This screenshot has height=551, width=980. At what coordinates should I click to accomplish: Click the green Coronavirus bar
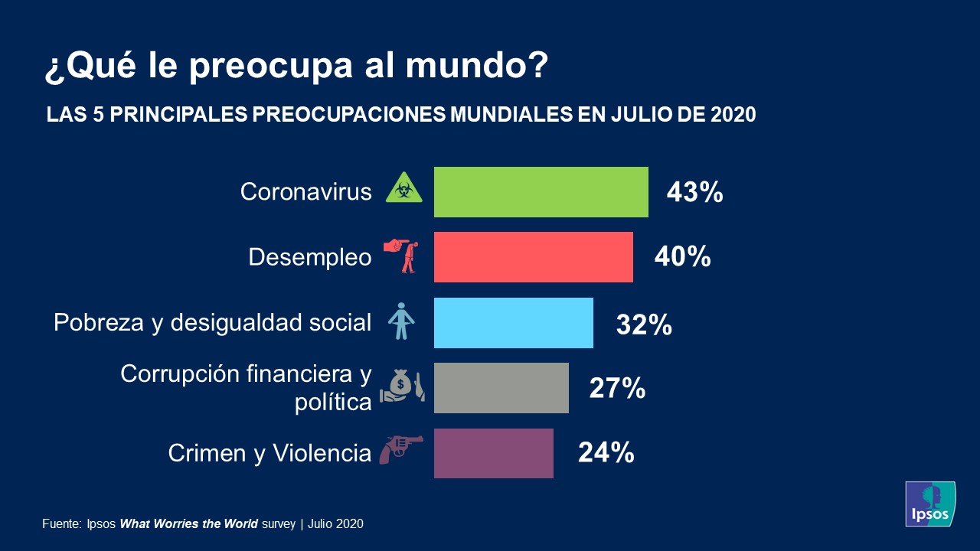(x=541, y=192)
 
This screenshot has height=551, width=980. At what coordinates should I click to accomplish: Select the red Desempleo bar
(x=533, y=257)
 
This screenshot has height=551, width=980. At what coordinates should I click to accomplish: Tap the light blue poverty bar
(x=513, y=323)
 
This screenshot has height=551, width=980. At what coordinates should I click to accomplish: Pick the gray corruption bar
(x=501, y=388)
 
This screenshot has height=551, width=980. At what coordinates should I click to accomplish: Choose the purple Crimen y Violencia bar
(x=493, y=453)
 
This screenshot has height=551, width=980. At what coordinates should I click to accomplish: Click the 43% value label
(x=694, y=193)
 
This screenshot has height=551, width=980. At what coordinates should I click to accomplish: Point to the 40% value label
(x=682, y=258)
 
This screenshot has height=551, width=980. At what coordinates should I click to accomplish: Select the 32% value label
(x=644, y=324)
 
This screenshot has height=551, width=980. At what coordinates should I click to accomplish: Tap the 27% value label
(x=617, y=389)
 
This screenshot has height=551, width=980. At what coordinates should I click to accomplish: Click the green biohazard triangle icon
(x=403, y=188)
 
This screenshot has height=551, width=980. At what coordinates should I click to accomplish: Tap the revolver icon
(x=400, y=449)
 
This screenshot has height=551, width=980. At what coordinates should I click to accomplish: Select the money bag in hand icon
(x=402, y=386)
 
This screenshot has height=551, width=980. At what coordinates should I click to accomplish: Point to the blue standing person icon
(x=400, y=321)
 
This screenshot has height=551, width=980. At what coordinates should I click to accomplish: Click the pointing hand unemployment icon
(x=402, y=256)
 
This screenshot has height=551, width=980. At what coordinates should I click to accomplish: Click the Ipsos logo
(x=930, y=504)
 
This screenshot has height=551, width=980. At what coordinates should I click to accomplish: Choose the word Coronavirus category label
(x=305, y=191)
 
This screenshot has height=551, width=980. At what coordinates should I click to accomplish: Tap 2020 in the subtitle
(x=733, y=115)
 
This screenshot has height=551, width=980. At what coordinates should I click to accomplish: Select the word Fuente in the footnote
(x=60, y=524)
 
